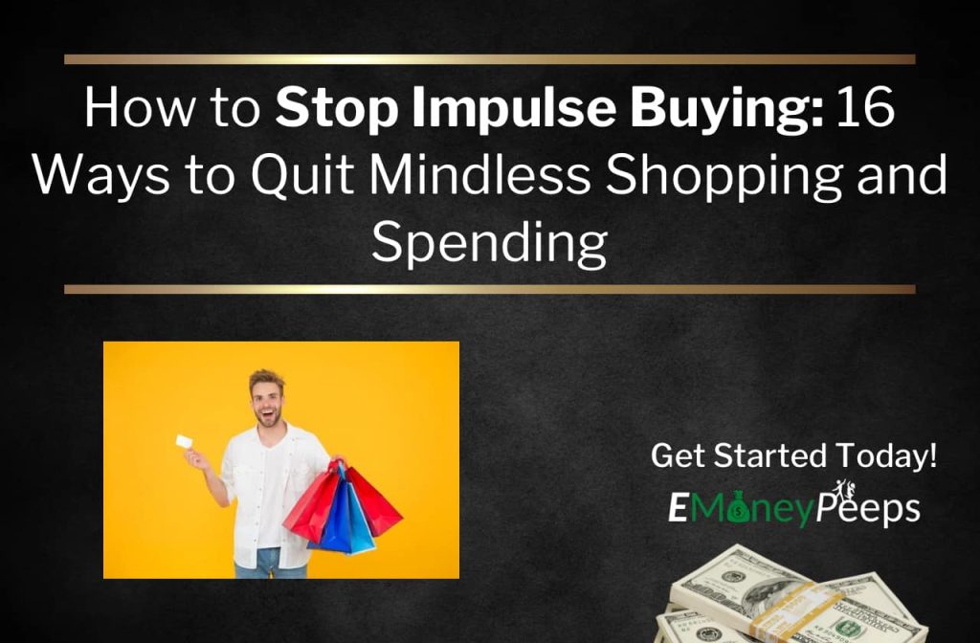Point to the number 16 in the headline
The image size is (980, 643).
click(x=866, y=110)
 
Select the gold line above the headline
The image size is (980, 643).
click(x=489, y=59)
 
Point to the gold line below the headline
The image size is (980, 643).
click(x=489, y=289)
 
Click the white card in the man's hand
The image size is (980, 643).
click(x=185, y=442)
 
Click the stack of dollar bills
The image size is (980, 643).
click(x=785, y=598)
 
